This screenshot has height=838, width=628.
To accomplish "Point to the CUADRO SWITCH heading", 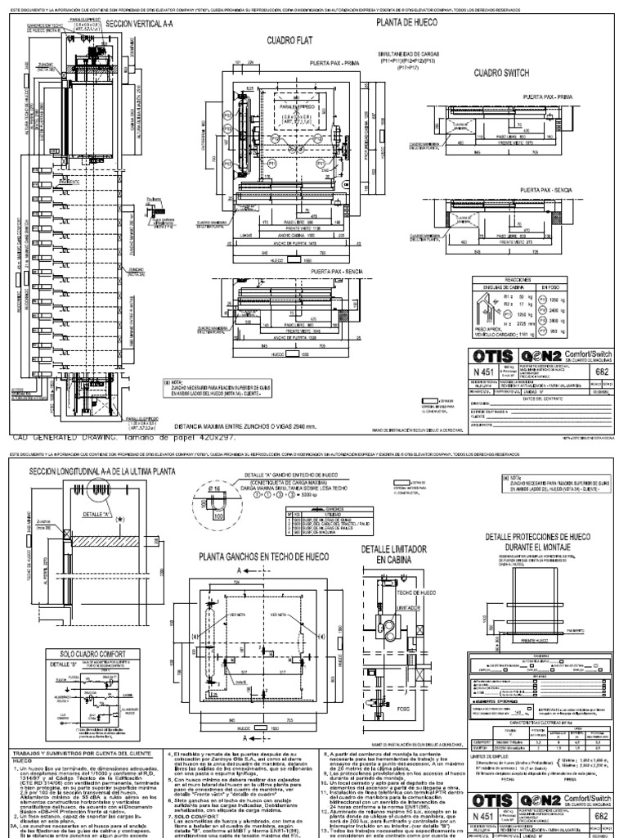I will [x=501, y=72].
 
